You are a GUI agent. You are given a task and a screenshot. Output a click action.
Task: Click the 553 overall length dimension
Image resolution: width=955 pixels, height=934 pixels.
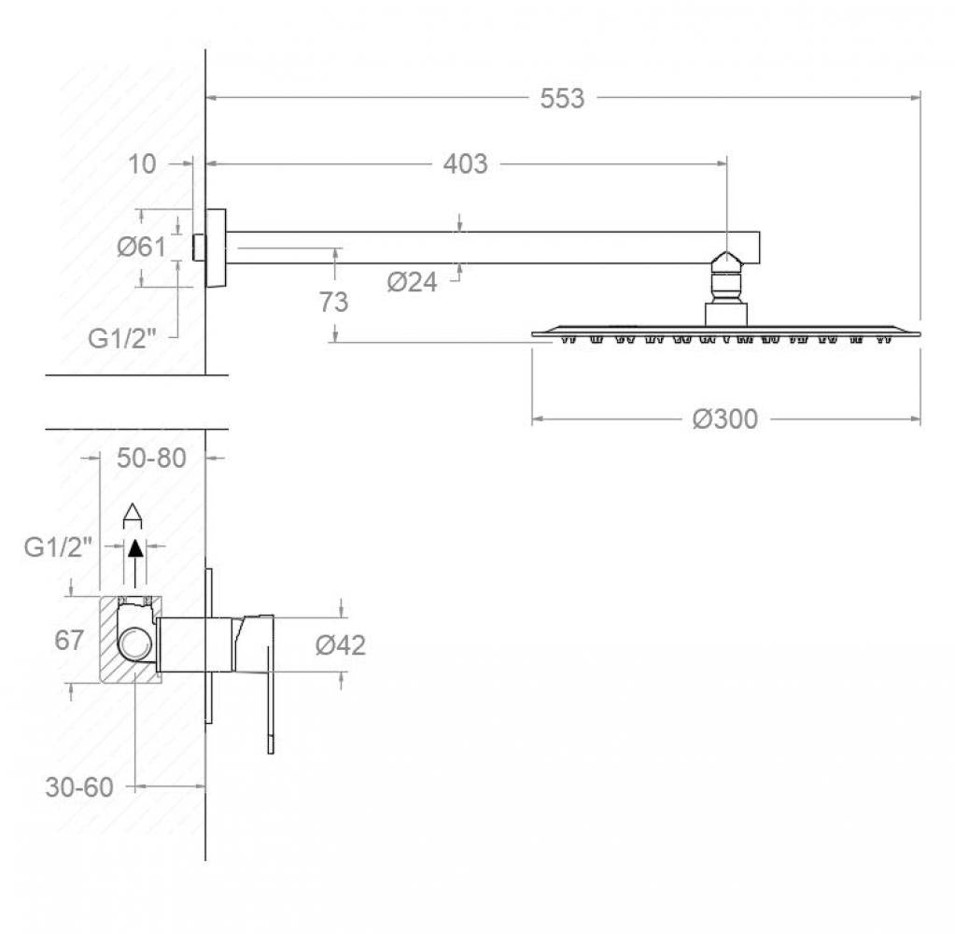[562, 98]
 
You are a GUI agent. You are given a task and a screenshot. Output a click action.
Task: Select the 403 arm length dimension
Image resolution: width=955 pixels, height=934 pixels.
[465, 163]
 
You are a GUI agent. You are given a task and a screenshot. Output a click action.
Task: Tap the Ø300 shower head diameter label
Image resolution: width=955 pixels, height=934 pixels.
[724, 419]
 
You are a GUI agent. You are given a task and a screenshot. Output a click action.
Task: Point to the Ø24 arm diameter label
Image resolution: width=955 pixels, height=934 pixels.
[412, 281]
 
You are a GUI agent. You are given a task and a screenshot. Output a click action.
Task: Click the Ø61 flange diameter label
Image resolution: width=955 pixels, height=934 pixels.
[141, 247]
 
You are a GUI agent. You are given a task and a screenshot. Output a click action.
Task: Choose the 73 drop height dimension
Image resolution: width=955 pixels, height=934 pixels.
[334, 302]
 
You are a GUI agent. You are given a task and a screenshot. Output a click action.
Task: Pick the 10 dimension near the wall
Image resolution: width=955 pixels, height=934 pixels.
[142, 163]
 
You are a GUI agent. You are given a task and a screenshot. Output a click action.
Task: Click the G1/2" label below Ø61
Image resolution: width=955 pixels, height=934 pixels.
[121, 338]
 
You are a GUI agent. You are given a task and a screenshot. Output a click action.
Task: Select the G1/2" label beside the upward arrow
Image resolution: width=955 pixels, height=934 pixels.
[59, 547]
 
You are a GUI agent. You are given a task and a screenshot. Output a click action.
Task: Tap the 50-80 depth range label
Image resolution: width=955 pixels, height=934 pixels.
[151, 458]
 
